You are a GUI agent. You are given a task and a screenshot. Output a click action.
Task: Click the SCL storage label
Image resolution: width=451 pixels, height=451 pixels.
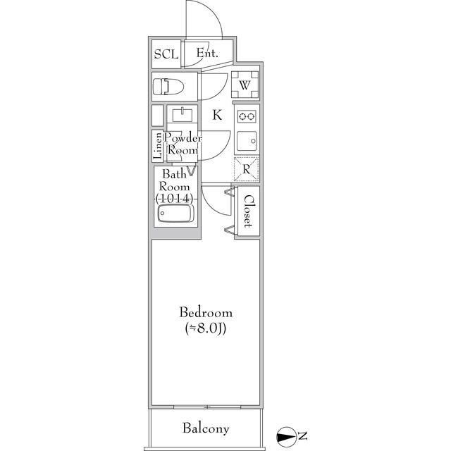tap(166, 54)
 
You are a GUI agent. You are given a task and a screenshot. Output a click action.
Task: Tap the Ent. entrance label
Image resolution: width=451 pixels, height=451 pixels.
tap(207, 53)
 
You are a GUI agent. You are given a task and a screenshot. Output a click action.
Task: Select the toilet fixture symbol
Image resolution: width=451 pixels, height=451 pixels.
tap(168, 87)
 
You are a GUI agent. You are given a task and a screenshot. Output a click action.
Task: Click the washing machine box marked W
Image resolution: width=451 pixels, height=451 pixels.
tap(245, 85)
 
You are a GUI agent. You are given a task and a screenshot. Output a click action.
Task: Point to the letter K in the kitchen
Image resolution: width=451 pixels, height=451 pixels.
tap(217, 115)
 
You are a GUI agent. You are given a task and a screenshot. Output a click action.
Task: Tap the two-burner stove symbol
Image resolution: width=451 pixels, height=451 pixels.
tap(247, 116)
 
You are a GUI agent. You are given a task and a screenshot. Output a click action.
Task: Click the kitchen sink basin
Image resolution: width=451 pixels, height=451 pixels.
tap(247, 142)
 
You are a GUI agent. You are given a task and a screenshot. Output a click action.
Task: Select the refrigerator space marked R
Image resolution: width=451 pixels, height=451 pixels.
tap(246, 169)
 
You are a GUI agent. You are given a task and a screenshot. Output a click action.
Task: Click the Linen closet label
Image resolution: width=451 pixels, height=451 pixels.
tap(158, 146)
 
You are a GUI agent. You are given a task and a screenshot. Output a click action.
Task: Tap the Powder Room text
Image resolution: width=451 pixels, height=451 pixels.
tap(183, 144)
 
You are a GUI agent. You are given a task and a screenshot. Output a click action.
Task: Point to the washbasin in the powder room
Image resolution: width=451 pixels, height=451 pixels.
tap(183, 114)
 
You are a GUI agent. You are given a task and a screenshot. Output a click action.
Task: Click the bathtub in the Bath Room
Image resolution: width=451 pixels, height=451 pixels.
tap(175, 214)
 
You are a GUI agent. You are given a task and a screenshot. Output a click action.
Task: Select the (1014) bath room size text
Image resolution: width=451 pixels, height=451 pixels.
tap(174, 198)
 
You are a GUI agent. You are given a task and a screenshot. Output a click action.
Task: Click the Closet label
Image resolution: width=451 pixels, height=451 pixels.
tap(248, 211)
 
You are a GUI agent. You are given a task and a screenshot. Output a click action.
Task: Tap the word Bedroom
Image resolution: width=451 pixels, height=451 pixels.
tap(206, 313)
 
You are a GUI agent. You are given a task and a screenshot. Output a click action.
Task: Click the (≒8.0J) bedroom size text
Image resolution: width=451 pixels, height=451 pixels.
tap(206, 328)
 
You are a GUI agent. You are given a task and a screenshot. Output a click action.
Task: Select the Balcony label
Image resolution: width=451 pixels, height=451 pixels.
tap(206, 428)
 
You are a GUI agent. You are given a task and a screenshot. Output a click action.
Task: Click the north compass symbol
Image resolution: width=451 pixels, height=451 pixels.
tap(287, 437)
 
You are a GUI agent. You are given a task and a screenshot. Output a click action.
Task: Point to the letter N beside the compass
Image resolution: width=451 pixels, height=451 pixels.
tap(302, 436)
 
